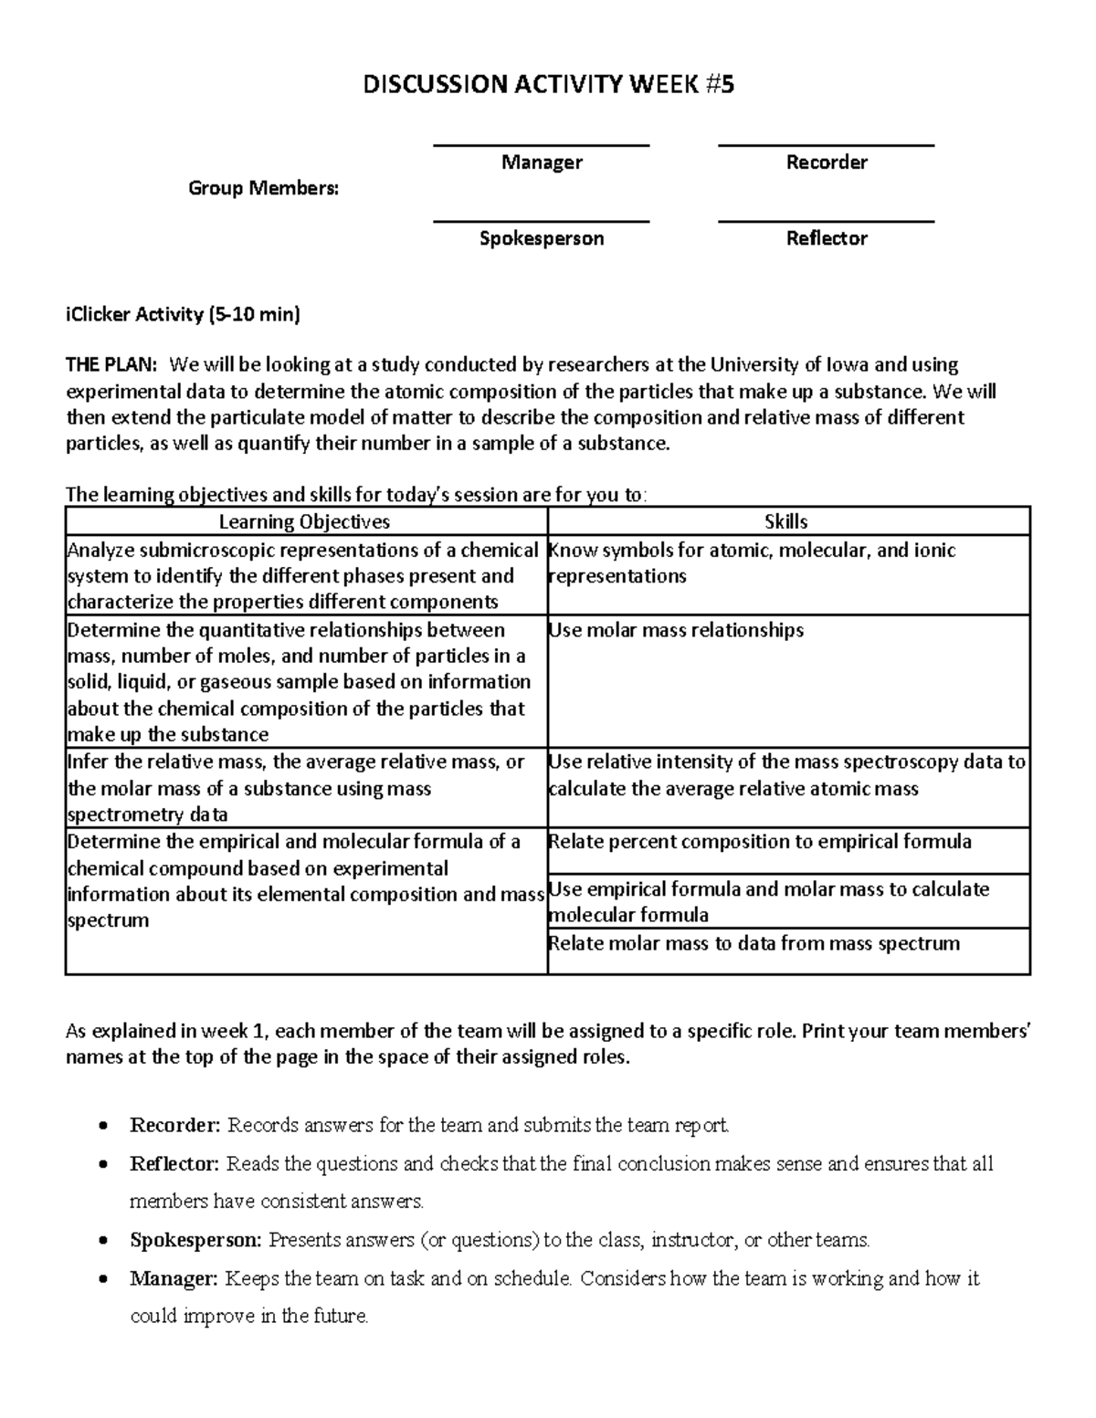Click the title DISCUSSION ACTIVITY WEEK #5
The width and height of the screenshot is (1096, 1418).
pyautogui.click(x=548, y=85)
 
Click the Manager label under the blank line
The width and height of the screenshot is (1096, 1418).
pyautogui.click(x=542, y=163)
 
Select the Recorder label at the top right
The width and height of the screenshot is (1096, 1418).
pyautogui.click(x=827, y=163)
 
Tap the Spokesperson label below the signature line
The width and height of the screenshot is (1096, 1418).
pyautogui.click(x=542, y=238)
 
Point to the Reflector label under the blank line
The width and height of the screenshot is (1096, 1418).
pyautogui.click(x=827, y=238)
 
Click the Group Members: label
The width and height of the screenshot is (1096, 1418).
pyautogui.click(x=263, y=188)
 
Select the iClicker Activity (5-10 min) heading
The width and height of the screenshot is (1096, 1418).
pyautogui.click(x=183, y=315)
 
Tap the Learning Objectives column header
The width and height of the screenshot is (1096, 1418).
pyautogui.click(x=304, y=521)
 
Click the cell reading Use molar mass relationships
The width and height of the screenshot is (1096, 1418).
pyautogui.click(x=676, y=630)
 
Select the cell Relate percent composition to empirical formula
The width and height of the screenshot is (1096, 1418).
pyautogui.click(x=760, y=841)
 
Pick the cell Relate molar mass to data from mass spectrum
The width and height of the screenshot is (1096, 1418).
pyautogui.click(x=753, y=943)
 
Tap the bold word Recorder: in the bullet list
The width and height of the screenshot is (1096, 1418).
pyautogui.click(x=175, y=1125)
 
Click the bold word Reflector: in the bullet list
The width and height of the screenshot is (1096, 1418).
pyautogui.click(x=174, y=1164)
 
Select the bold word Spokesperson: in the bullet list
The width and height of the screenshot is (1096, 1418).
pyautogui.click(x=195, y=1240)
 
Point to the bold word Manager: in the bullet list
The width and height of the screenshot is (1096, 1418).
pyautogui.click(x=174, y=1278)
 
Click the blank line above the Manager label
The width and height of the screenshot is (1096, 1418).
pyautogui.click(x=541, y=145)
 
